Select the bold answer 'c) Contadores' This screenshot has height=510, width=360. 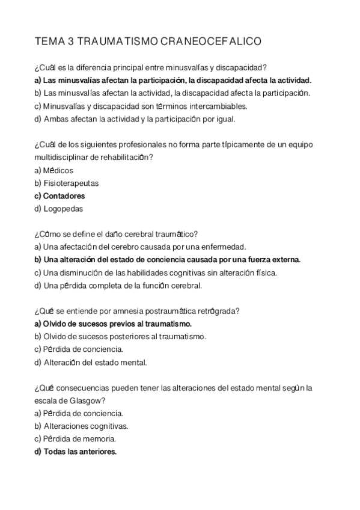tap(59, 196)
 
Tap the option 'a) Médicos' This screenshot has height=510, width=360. tap(54, 170)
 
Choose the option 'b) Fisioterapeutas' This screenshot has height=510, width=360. tap(67, 183)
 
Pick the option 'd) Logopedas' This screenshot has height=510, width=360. tap(59, 209)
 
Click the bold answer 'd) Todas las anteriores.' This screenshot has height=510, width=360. tap(75, 452)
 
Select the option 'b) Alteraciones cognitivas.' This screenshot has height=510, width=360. tap(81, 426)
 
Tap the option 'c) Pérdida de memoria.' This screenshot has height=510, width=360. tap(75, 438)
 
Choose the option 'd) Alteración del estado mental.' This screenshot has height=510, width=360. tap(91, 362)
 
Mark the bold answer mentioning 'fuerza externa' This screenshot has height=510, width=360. tap(168, 260)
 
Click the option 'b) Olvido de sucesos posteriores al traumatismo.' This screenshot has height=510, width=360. tap(120, 336)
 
